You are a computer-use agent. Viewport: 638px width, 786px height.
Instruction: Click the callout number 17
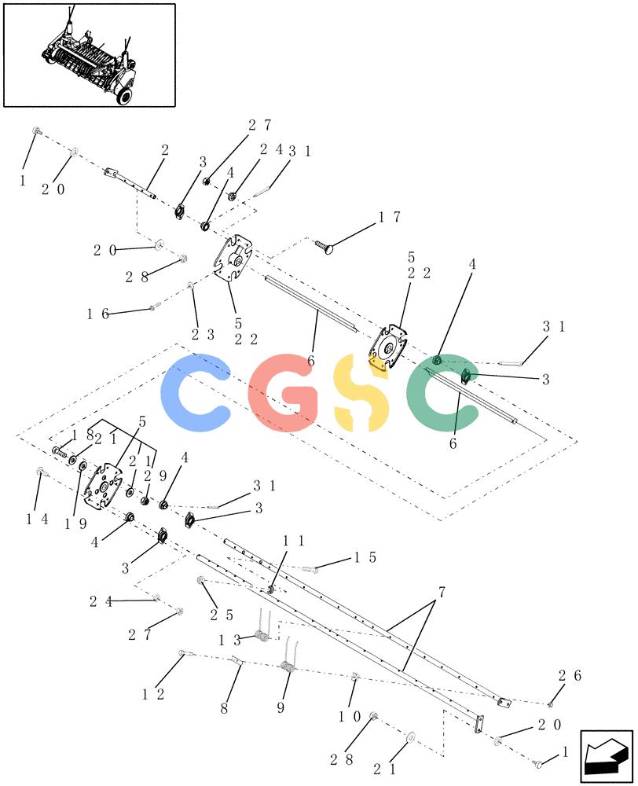389,217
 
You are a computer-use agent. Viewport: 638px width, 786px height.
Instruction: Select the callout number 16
97,314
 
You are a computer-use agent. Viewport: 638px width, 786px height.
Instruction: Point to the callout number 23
203,334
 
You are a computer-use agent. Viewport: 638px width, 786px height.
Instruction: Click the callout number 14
37,520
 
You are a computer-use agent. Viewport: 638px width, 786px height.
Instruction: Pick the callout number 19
75,523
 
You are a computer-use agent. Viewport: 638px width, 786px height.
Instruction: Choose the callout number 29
155,476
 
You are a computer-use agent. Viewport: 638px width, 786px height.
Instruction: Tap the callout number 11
294,541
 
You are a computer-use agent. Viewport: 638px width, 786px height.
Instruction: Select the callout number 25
222,615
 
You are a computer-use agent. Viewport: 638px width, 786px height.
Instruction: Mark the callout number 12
153,694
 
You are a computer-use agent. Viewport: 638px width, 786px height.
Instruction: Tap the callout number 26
570,676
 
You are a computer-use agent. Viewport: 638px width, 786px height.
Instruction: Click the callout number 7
441,593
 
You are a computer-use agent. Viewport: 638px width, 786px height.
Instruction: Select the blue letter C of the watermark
196,392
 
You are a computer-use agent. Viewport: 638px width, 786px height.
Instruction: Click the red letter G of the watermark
284,392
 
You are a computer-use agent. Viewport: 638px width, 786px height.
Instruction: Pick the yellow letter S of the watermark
361,392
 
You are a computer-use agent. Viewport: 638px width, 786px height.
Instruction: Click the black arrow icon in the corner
607,756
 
